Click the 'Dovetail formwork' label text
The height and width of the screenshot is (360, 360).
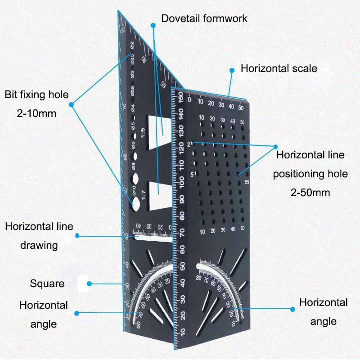[204, 18]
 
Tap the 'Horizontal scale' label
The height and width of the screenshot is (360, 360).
[279, 68]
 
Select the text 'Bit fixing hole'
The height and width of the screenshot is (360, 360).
[37, 94]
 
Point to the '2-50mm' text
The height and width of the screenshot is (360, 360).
[310, 193]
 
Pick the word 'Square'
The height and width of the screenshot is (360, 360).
[47, 283]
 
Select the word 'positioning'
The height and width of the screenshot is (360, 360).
[310, 174]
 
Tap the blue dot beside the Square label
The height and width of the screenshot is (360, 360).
[90, 283]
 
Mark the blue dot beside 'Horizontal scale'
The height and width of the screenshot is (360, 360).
[232, 70]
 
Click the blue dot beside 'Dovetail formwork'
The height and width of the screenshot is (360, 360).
[153, 26]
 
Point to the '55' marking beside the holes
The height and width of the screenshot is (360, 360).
[247, 182]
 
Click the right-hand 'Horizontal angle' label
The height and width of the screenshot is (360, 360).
[323, 311]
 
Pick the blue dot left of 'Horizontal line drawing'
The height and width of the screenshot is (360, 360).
[77, 235]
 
